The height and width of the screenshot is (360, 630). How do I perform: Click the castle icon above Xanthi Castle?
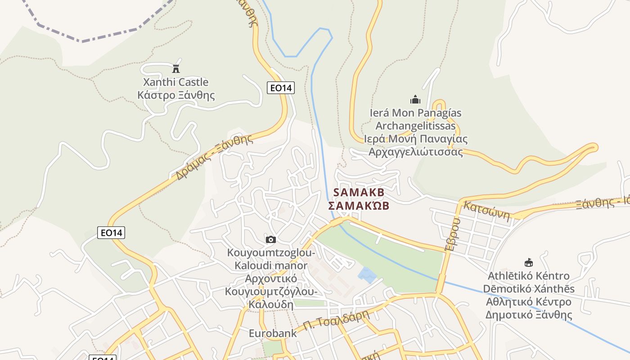click(176, 69)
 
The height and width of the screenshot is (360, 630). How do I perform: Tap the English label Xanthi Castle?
click(175, 82)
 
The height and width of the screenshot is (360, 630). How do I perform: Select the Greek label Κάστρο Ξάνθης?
click(176, 95)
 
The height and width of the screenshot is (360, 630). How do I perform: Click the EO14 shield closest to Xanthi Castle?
click(281, 88)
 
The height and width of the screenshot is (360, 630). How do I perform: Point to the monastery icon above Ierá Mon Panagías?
click(415, 99)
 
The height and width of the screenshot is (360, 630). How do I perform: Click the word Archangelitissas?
click(415, 126)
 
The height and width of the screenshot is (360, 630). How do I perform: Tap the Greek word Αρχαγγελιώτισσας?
click(415, 152)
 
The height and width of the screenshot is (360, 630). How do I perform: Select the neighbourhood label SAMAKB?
click(359, 193)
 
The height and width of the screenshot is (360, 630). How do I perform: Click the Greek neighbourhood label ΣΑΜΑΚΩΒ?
click(358, 206)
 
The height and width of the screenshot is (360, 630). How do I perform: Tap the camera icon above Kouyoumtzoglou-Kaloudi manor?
click(270, 239)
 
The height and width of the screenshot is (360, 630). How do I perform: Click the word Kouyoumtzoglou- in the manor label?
click(271, 253)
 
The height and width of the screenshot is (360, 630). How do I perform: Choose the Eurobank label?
click(273, 333)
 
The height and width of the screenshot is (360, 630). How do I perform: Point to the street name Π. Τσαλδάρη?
click(336, 320)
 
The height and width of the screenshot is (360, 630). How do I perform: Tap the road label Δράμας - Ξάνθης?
click(214, 157)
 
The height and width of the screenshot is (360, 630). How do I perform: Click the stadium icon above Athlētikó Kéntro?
click(529, 262)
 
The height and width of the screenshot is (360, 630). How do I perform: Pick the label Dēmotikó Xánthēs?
click(529, 288)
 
